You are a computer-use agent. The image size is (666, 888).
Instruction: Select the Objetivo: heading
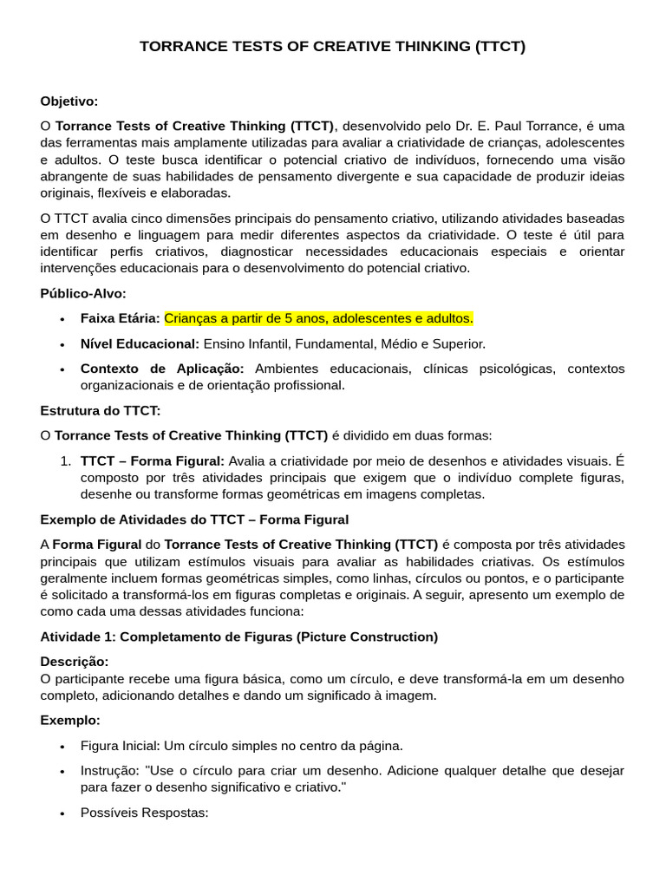pyautogui.click(x=69, y=101)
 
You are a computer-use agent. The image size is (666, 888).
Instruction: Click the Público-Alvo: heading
pyautogui.click(x=83, y=293)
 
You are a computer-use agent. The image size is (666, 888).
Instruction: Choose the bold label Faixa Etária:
pyautogui.click(x=120, y=318)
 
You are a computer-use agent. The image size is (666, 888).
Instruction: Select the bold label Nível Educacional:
pyautogui.click(x=140, y=343)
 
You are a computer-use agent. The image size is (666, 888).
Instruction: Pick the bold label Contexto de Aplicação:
pyautogui.click(x=162, y=369)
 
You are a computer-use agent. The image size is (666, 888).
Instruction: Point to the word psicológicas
pyautogui.click(x=515, y=369)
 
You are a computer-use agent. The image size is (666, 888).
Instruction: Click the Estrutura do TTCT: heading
pyautogui.click(x=101, y=410)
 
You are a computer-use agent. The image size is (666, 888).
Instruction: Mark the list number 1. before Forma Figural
pyautogui.click(x=66, y=460)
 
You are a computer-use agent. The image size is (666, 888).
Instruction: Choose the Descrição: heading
pyautogui.click(x=75, y=662)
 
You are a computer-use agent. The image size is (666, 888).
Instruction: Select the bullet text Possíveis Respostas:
pyautogui.click(x=144, y=813)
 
